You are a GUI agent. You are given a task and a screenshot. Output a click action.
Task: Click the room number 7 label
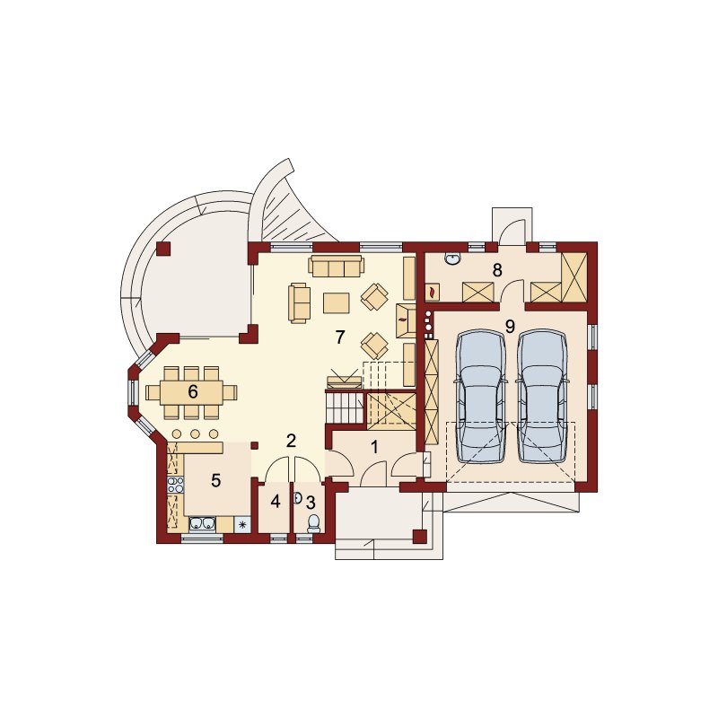pos(339,337)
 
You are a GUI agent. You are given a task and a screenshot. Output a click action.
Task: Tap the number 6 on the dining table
pos(193,392)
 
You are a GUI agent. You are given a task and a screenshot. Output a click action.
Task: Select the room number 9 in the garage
pos(510,326)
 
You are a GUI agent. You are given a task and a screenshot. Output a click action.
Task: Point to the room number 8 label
pos(497,270)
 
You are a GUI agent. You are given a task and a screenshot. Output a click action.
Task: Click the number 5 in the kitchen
pos(215,480)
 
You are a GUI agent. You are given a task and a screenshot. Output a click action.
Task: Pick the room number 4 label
pos(276,502)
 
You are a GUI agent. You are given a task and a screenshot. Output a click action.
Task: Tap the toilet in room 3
pos(313,523)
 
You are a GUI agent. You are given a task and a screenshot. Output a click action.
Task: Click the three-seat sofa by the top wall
pos(336,267)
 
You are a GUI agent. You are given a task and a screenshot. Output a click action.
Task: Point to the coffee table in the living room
pos(336,302)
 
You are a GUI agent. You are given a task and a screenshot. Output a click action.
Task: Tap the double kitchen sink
pos(202,524)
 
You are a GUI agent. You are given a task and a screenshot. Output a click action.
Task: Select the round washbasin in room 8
pos(452,259)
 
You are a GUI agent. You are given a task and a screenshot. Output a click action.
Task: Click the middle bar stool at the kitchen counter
pos(195,433)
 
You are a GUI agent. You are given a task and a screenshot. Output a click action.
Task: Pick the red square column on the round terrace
pos(163,249)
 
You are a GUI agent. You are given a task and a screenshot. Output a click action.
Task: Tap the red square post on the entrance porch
pos(420,536)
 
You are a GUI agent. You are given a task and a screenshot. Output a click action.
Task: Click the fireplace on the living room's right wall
pos(406,320)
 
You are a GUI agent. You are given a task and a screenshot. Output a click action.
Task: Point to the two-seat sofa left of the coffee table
pos(298,303)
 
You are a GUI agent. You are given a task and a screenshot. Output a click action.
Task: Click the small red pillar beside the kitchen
pos(255,445)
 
